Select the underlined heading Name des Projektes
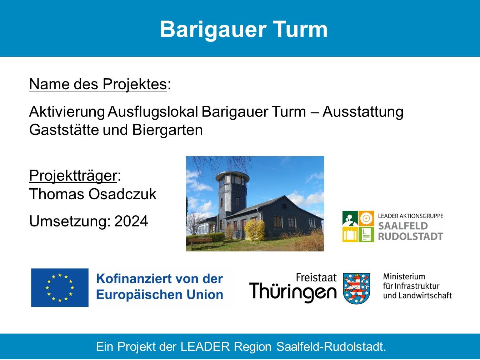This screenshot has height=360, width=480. pyautogui.click(x=98, y=84)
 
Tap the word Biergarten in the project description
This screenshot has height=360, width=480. pyautogui.click(x=167, y=130)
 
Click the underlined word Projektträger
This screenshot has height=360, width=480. pyautogui.click(x=73, y=175)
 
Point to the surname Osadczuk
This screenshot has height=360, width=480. pyautogui.click(x=122, y=194)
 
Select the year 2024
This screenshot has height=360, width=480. pyautogui.click(x=131, y=221)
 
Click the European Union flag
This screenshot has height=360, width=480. pyautogui.click(x=60, y=287)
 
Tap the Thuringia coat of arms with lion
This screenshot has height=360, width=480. pyautogui.click(x=356, y=288)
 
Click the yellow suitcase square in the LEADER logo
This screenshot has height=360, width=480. pyautogui.click(x=350, y=234)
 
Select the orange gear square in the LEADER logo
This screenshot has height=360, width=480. pyautogui.click(x=366, y=218)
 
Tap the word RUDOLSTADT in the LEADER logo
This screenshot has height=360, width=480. pyautogui.click(x=411, y=236)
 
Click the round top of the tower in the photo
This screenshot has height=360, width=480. pyautogui.click(x=232, y=175)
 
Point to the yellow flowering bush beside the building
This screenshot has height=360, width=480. pyautogui.click(x=254, y=230)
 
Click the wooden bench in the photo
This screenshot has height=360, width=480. pyautogui.click(x=200, y=242)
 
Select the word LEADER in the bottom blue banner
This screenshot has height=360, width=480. pyautogui.click(x=205, y=346)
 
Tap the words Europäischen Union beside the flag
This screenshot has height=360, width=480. pyautogui.click(x=160, y=295)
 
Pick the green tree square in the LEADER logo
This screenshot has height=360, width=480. pyautogui.click(x=350, y=218)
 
